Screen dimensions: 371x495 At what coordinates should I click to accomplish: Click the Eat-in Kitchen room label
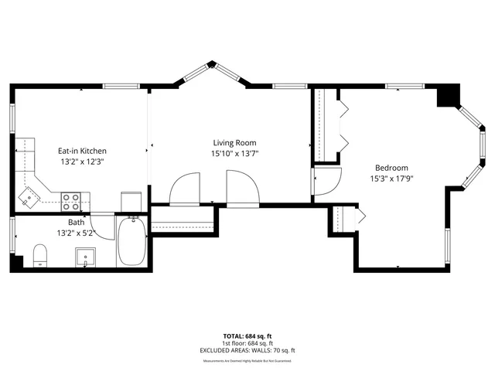tap(82, 151)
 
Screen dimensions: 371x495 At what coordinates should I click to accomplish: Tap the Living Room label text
tap(235, 142)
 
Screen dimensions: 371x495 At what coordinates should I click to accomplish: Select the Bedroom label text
tap(392, 168)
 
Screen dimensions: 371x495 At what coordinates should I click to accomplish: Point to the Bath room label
tap(76, 222)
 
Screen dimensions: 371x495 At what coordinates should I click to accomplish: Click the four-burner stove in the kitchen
tap(71, 202)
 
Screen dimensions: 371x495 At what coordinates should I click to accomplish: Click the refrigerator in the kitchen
tap(131, 200)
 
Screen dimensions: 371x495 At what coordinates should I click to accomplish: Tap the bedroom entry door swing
tap(325, 181)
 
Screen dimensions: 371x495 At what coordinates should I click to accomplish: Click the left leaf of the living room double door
tap(186, 189)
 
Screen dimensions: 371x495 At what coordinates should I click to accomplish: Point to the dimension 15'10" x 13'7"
tap(235, 153)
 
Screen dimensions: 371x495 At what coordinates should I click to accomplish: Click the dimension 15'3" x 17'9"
tap(392, 179)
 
